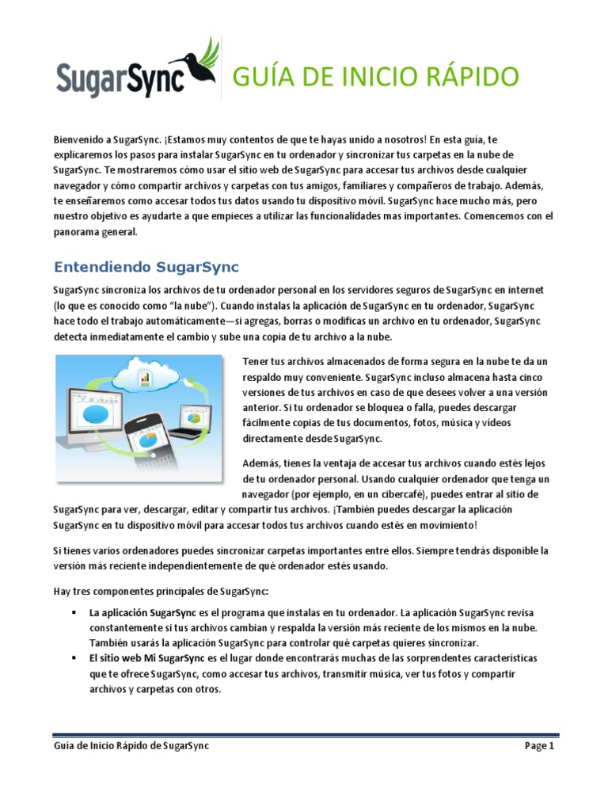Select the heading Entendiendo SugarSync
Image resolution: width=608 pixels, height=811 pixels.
[x=146, y=265]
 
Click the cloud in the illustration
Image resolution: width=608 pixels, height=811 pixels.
[x=151, y=371]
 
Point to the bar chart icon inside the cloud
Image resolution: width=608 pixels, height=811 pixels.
[x=146, y=377]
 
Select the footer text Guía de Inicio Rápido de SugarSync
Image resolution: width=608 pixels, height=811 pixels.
[x=131, y=745]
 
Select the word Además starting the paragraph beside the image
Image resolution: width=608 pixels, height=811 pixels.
[x=261, y=463]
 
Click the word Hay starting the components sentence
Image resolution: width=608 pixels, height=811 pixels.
[x=63, y=590]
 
